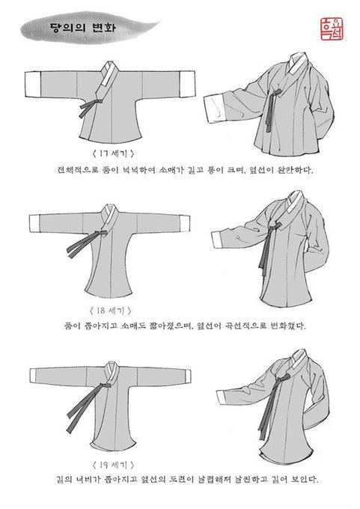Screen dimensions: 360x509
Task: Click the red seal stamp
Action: tap(332, 29)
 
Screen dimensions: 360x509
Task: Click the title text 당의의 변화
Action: tap(82, 27)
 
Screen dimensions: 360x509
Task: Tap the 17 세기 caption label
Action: tap(112, 153)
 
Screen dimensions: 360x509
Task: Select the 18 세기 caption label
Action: tap(110, 311)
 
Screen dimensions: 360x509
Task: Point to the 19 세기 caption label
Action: tap(113, 465)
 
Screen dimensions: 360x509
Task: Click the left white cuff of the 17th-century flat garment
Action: tap(33, 84)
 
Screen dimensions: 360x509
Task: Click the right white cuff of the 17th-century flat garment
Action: tap(188, 83)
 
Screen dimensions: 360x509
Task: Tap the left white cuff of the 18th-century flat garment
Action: tap(34, 223)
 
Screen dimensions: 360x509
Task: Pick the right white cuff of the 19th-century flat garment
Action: tap(187, 376)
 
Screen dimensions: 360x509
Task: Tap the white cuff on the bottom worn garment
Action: tap(220, 397)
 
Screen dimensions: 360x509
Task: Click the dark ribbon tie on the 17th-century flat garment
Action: tap(91, 106)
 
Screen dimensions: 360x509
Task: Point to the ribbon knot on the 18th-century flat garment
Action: tap(103, 233)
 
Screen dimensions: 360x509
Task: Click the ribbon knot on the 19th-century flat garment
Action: tap(106, 385)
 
